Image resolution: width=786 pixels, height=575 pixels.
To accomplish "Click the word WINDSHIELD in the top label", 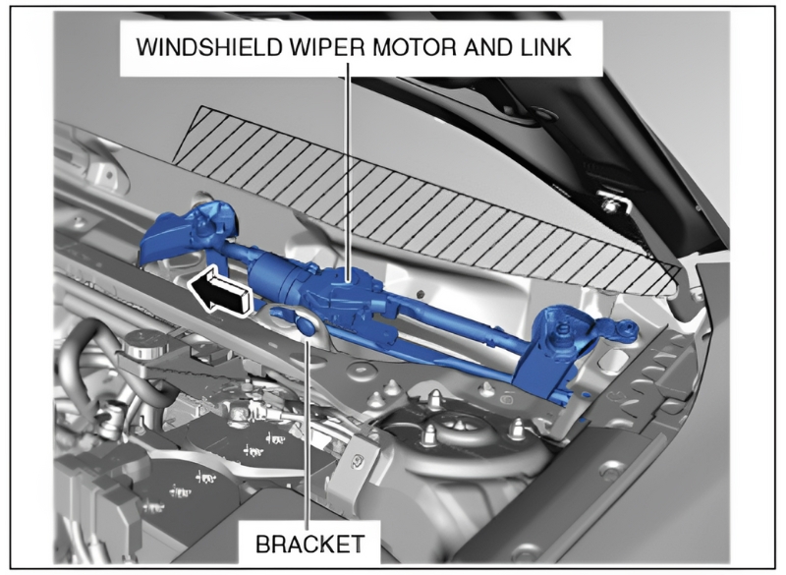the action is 209,47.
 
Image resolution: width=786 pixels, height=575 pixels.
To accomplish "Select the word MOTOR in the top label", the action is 415,47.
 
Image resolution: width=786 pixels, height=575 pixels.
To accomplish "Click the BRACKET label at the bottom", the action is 310,544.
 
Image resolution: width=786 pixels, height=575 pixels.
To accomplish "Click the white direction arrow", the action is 218,291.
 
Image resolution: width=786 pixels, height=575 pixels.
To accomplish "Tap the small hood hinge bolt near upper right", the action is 609,204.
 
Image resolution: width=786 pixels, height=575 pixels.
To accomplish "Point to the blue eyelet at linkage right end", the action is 626,330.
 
